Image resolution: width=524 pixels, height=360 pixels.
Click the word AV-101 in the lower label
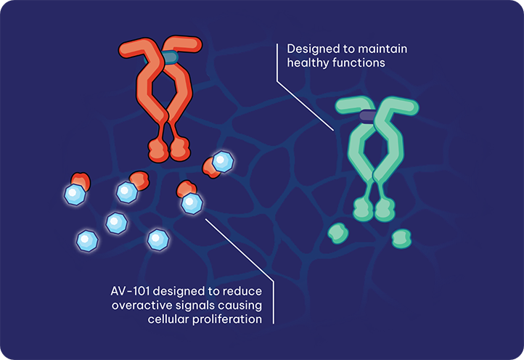click(130, 291)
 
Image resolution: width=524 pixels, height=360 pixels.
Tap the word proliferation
click(227, 319)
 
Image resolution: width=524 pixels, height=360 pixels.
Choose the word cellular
click(168, 319)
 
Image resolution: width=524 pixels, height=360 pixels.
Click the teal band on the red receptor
click(170, 57)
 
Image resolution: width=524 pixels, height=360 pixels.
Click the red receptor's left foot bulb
click(157, 150)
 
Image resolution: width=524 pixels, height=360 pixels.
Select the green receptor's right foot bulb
click(385, 210)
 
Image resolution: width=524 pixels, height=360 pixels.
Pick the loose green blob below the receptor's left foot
click(338, 233)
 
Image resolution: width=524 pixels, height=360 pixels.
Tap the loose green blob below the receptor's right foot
click(401, 239)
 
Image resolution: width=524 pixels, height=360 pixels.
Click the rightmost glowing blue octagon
click(223, 162)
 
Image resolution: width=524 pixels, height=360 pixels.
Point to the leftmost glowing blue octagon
click(75, 195)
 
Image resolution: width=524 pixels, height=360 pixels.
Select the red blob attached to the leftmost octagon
click(81, 181)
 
